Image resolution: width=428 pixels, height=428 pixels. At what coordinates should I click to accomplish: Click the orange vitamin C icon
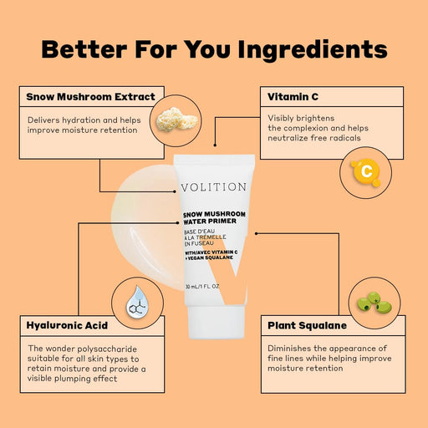365,171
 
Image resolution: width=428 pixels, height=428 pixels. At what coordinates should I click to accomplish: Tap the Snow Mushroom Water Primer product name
214,220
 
